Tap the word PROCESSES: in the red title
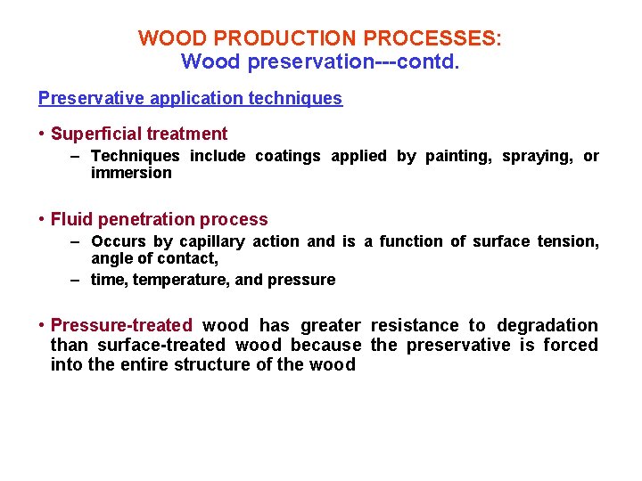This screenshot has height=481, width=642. click(x=432, y=39)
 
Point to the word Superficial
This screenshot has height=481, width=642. click(x=96, y=135)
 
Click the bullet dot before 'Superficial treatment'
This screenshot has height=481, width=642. click(x=42, y=135)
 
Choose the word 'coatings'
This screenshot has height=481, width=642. click(x=288, y=157)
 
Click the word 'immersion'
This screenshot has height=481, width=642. click(x=131, y=173)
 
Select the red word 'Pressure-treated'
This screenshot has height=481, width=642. click(x=121, y=326)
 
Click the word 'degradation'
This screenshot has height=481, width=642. click(x=547, y=326)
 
